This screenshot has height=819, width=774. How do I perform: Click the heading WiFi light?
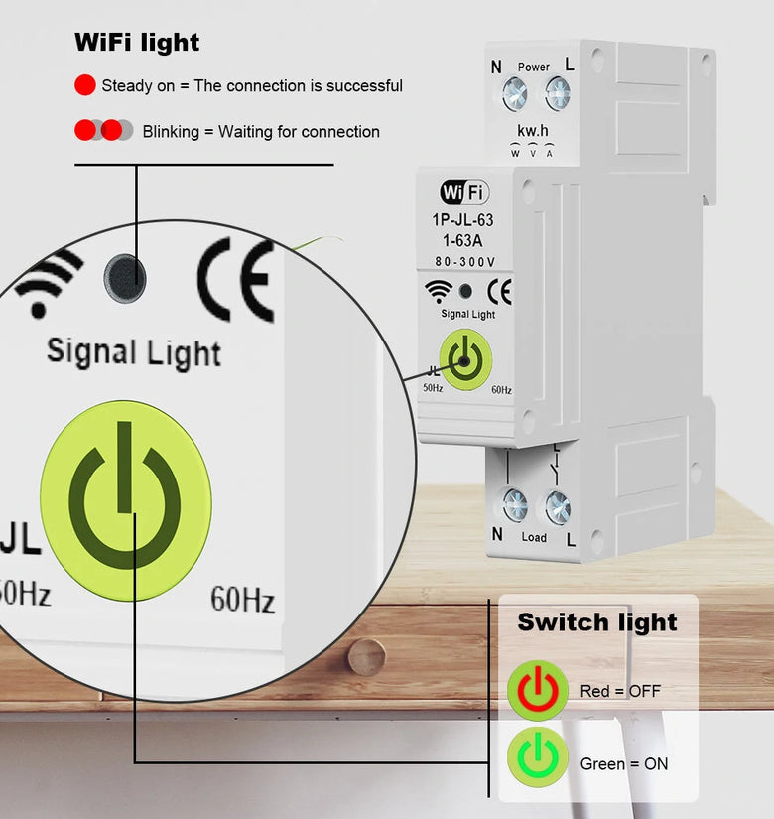(137, 43)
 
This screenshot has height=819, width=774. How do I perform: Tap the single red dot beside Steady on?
(85, 85)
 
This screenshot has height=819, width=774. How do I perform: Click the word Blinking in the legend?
(171, 131)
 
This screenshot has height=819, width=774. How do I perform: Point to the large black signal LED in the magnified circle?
(126, 277)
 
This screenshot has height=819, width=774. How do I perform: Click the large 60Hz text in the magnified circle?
(242, 599)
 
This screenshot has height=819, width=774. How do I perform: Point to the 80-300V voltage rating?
(464, 262)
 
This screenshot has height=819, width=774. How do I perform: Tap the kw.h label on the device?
(534, 131)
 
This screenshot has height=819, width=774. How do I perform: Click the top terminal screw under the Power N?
(514, 95)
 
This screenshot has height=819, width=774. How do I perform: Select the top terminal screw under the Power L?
(557, 95)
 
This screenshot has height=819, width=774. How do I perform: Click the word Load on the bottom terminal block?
(534, 537)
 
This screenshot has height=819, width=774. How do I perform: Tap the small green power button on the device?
(465, 360)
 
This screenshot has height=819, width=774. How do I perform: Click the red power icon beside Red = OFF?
(537, 690)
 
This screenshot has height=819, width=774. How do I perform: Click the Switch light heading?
(596, 622)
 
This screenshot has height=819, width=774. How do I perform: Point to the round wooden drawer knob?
(365, 657)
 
